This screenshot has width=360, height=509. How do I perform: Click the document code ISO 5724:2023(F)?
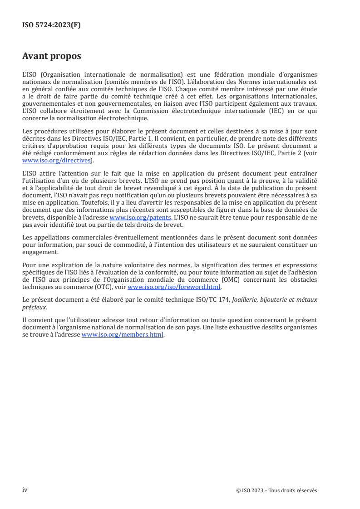pos(51,25)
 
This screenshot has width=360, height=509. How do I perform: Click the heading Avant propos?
pos(52,56)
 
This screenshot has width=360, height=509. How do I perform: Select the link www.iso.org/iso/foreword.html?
pos(174,287)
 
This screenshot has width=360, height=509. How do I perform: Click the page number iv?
pos(25,490)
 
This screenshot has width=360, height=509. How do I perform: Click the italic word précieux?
pos(34,307)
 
